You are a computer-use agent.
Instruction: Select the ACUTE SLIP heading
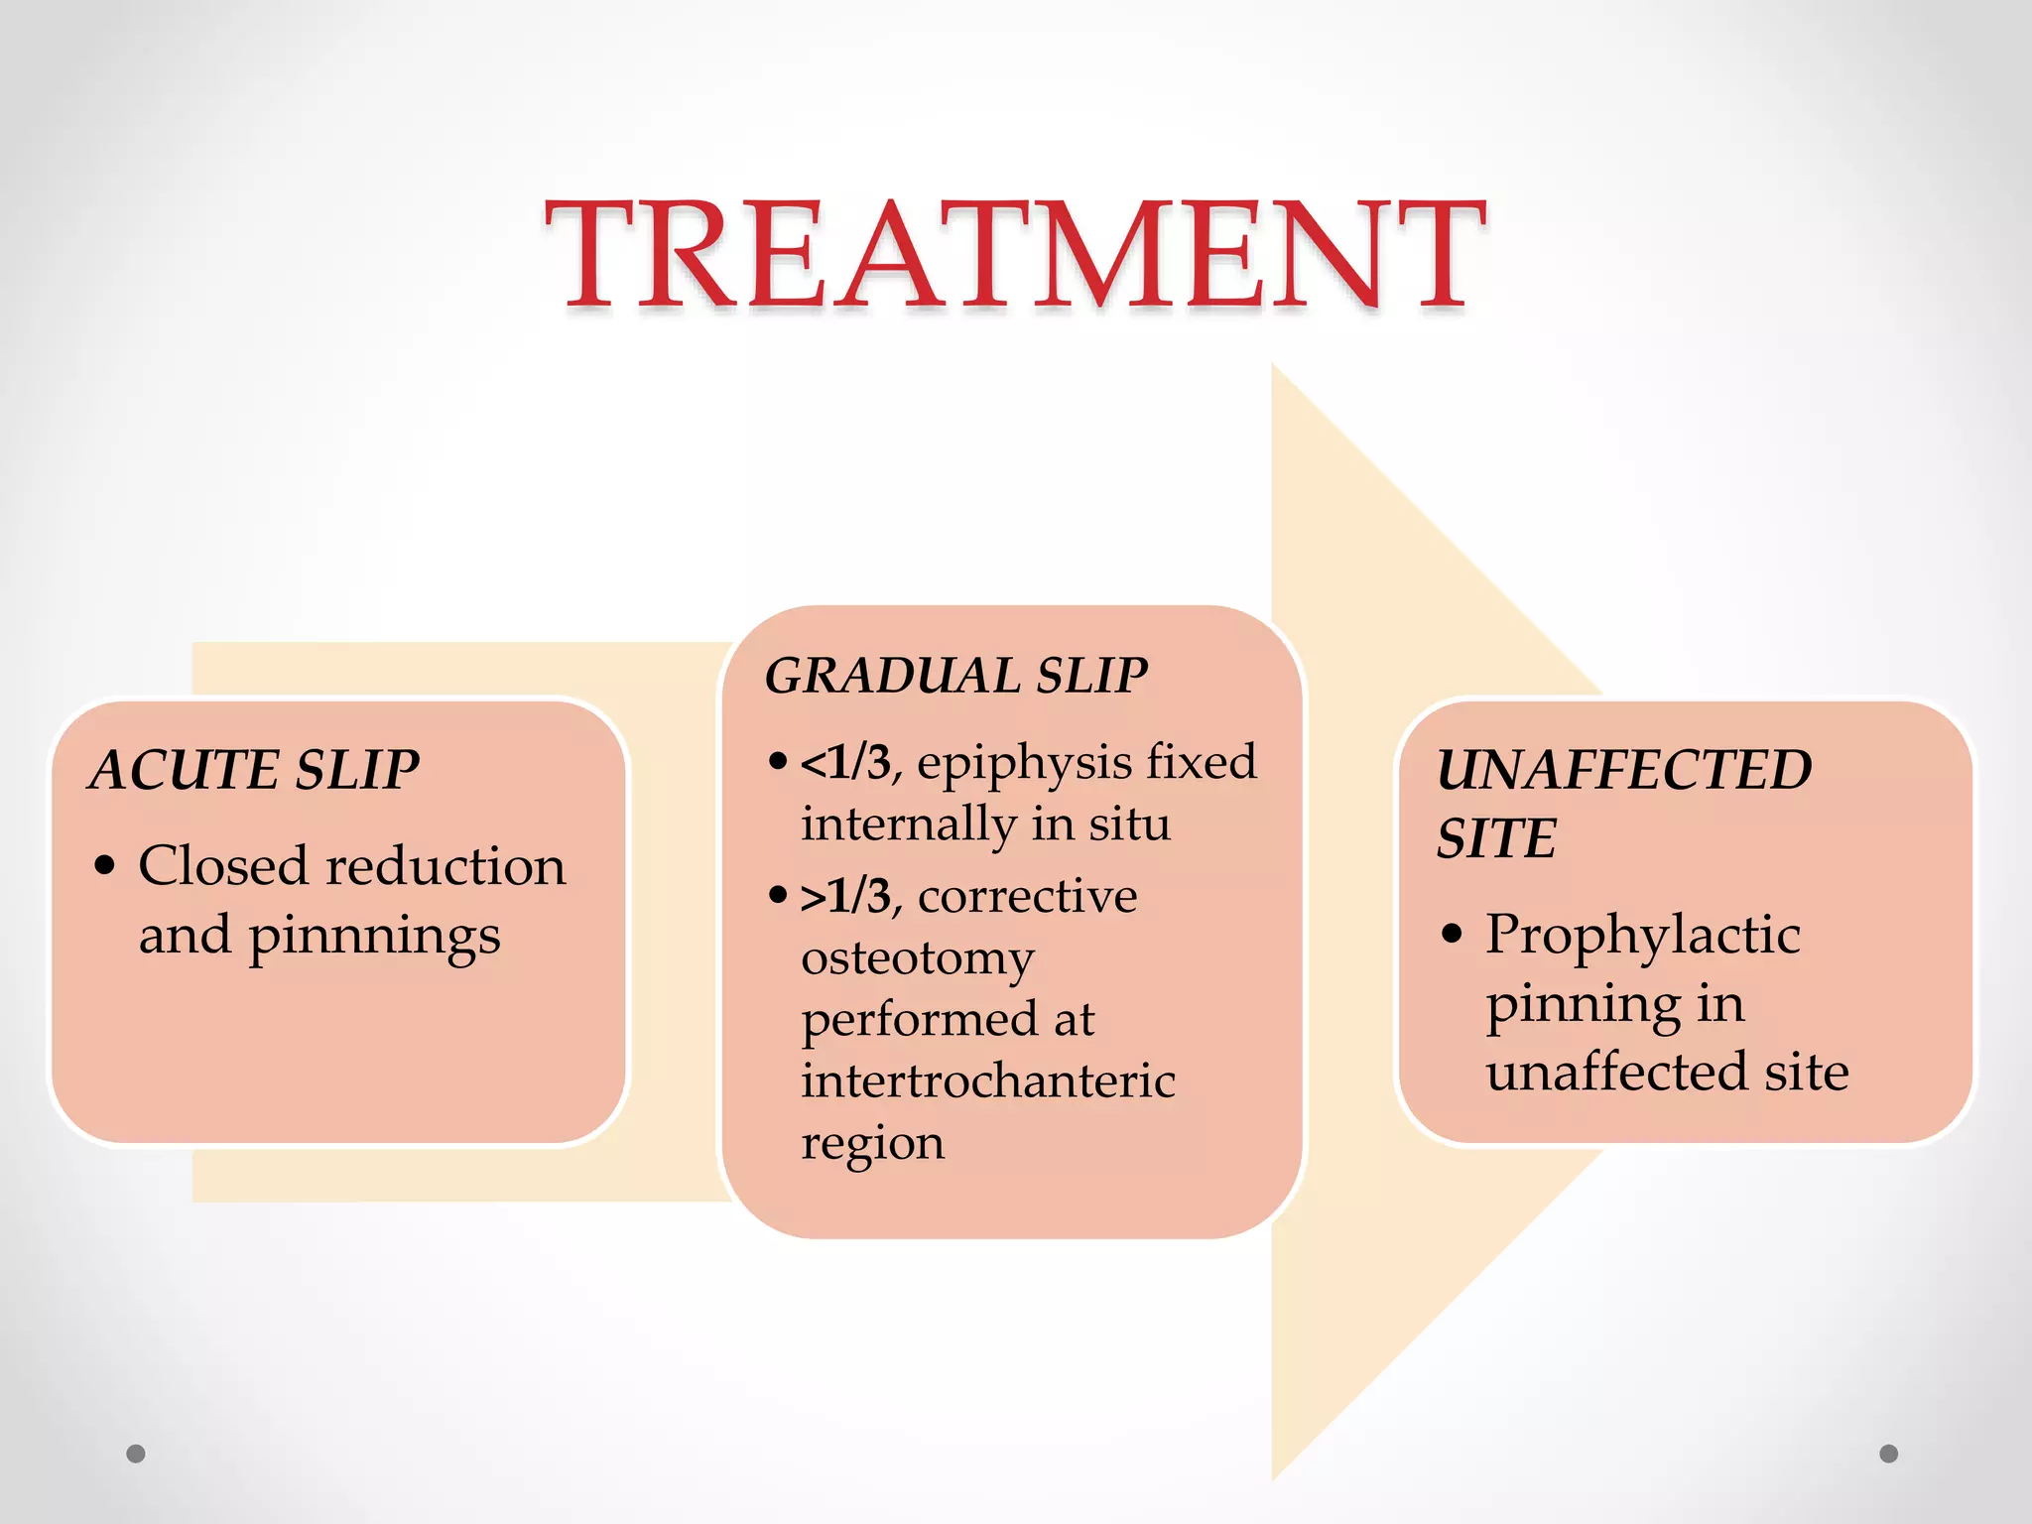coord(255,770)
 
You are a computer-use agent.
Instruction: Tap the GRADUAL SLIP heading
coord(956,676)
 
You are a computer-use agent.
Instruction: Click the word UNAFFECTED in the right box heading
coord(1624,770)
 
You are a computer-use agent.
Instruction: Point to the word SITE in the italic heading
coord(1496,838)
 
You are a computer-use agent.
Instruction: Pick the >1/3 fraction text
coord(846,897)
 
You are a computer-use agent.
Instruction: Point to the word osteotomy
coord(918,959)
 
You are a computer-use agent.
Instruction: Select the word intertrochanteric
coord(988,1080)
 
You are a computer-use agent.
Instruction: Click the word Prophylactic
coord(1643,936)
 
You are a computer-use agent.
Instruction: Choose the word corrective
coord(1028,897)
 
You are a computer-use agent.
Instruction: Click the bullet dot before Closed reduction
coord(104,866)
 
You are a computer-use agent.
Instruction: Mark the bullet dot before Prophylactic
coord(1453,935)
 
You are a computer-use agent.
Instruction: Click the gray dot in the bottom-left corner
coord(136,1454)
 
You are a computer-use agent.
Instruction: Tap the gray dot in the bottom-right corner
coord(1889,1454)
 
